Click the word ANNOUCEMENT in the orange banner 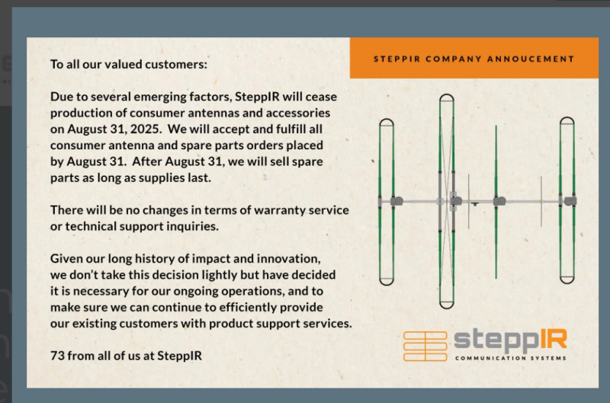531,59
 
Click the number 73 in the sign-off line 57,356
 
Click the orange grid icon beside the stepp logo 425,346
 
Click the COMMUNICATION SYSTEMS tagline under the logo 510,358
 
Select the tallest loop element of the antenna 440,201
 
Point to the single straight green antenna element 496,202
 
